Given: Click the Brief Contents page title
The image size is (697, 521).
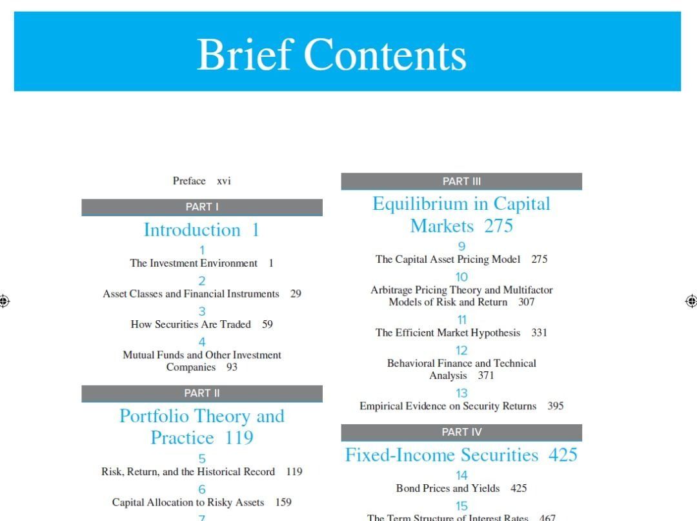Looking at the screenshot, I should coord(331,55).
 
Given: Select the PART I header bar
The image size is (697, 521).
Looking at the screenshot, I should coord(202,207).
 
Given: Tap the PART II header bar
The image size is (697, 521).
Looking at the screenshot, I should coord(202,393).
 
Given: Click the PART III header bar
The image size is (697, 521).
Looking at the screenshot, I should coord(461,181).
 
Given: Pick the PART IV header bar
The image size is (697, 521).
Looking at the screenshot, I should coord(461,432).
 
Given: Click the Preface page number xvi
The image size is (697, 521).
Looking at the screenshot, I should coord(224,181).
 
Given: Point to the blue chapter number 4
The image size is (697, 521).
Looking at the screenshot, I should coord(202,342).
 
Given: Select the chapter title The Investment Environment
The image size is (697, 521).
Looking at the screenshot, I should coord(194,263).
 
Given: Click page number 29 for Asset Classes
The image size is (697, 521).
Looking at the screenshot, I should coord(296,294).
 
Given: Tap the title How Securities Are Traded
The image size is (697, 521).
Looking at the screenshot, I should coord(190,325).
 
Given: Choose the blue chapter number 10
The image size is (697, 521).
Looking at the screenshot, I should coord(461,277).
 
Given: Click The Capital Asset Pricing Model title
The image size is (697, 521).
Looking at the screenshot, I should coord(448,260).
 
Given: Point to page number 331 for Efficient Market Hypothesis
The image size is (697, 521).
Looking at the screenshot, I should coord(539,333).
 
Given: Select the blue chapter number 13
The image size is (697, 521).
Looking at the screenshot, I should coord(461,393).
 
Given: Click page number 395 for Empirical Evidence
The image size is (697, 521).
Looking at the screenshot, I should coord(555,406).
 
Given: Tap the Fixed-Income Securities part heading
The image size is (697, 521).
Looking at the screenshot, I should coord(461,455).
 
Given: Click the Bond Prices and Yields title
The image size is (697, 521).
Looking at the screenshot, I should coord(448,489).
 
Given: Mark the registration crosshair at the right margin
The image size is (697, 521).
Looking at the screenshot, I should coord(691,301).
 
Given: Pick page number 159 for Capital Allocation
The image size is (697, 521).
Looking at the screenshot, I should coord(283,502).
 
